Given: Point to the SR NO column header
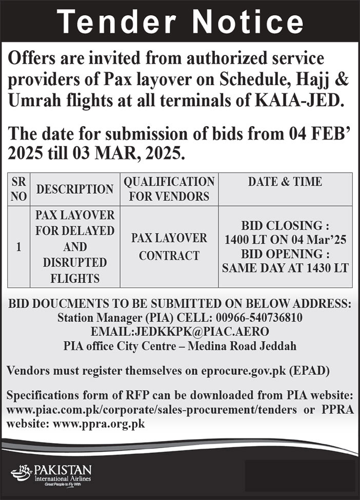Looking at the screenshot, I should click(x=18, y=189).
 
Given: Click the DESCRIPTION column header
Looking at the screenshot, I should click(x=75, y=189).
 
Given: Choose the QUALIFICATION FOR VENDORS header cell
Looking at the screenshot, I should click(x=169, y=189).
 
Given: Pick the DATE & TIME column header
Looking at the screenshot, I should click(x=285, y=181).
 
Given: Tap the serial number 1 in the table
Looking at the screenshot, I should click(x=18, y=247).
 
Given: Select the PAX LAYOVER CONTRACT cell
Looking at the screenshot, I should click(x=169, y=247).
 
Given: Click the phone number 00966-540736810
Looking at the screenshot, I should click(x=260, y=318).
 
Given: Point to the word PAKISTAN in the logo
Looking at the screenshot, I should click(x=63, y=470).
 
